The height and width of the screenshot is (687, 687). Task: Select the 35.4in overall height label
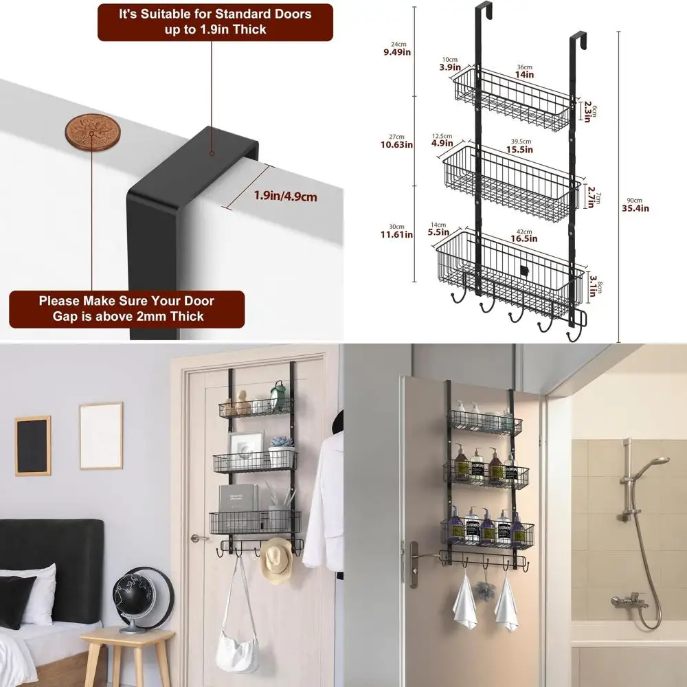click(x=635, y=208)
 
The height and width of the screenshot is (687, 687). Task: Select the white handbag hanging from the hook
click(x=237, y=649)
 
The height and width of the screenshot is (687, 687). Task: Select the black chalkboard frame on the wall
click(x=33, y=445)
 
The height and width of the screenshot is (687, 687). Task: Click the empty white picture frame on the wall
click(x=100, y=435)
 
